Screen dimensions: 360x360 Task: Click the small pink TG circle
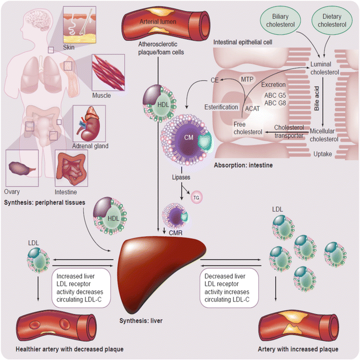196,198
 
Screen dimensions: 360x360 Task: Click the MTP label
247,79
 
